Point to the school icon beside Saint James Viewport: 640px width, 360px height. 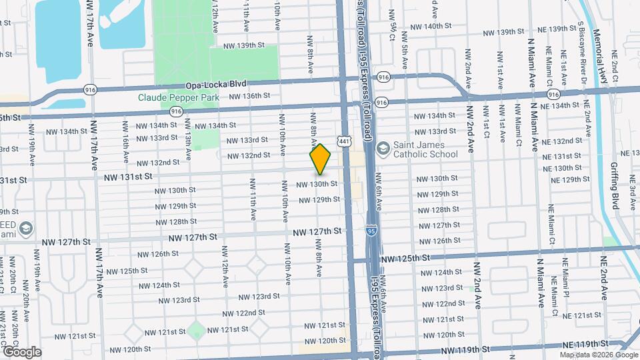click(x=383, y=147)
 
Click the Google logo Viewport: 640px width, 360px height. click(x=21, y=352)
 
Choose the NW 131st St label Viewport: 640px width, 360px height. click(x=128, y=177)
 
